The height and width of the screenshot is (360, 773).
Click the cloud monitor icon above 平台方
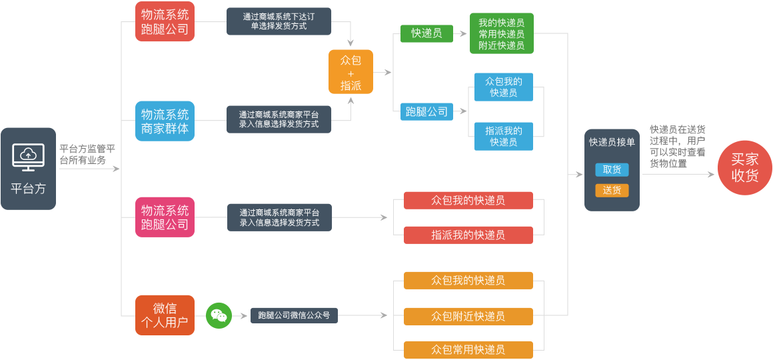pyautogui.click(x=28, y=157)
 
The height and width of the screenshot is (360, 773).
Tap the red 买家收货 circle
pyautogui.click(x=744, y=167)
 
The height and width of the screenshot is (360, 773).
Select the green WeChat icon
pyautogui.click(x=219, y=315)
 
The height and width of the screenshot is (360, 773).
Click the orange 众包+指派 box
pyautogui.click(x=351, y=72)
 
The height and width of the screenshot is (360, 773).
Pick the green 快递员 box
pyautogui.click(x=426, y=33)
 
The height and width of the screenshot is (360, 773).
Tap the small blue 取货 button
pyautogui.click(x=612, y=169)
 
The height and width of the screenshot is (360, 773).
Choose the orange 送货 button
pyautogui.click(x=612, y=190)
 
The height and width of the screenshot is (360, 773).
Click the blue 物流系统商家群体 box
pyautogui.click(x=165, y=121)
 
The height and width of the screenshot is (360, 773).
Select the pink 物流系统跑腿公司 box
pyautogui.click(x=165, y=217)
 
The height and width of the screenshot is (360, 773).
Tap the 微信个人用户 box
pyautogui.click(x=165, y=315)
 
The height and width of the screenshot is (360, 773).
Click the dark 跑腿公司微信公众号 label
pyautogui.click(x=294, y=315)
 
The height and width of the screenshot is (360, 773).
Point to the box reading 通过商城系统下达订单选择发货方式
pyautogui.click(x=279, y=21)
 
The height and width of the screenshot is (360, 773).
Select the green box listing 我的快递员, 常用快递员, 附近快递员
pyautogui.click(x=501, y=33)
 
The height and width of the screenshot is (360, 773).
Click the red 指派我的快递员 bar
pyautogui.click(x=468, y=235)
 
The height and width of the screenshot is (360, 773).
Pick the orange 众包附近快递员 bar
pyautogui.click(x=468, y=316)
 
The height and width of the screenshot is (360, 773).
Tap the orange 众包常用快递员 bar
pyautogui.click(x=468, y=349)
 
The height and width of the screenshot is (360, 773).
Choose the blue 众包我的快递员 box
pyautogui.click(x=503, y=87)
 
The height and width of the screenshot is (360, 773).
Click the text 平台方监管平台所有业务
pyautogui.click(x=87, y=155)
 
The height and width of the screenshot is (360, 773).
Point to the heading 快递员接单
pyautogui.click(x=612, y=142)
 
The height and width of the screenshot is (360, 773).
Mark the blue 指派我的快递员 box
pyautogui.click(x=503, y=137)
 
